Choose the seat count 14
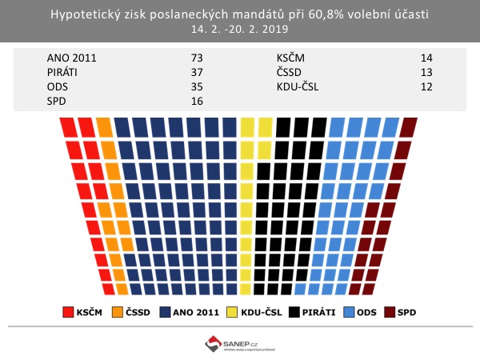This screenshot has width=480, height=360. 426,58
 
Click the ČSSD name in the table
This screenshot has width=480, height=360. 290,72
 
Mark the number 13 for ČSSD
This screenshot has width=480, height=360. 426,72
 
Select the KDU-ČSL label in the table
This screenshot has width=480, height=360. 298,86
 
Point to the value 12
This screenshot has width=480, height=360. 426,86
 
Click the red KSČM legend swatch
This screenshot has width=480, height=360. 67,310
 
